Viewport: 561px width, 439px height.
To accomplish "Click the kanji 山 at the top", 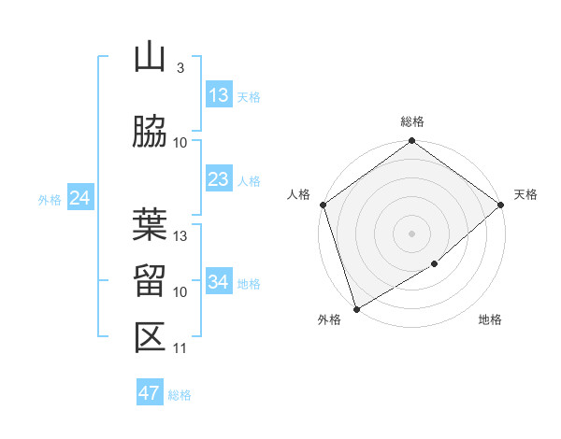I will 150,58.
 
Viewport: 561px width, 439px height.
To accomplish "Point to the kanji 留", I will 150,281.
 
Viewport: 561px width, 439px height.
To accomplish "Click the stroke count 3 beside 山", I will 180,68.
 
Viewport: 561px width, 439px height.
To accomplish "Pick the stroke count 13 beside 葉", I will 181,236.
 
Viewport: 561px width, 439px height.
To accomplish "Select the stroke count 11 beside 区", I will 180,348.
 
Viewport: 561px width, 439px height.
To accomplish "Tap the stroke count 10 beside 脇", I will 181,142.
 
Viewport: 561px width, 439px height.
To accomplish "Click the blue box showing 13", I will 219,94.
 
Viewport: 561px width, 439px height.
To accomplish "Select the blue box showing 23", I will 219,179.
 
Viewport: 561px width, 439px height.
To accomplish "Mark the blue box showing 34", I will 219,282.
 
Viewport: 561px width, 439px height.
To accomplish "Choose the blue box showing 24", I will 79,198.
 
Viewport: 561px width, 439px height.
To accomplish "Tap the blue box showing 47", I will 150,393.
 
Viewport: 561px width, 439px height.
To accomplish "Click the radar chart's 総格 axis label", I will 412,121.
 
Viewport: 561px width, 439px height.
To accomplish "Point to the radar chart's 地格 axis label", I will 490,320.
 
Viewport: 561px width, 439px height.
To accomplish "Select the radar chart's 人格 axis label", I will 299,194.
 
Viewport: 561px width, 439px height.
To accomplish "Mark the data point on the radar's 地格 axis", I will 435,264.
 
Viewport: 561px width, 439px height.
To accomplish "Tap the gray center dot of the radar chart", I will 411,234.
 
